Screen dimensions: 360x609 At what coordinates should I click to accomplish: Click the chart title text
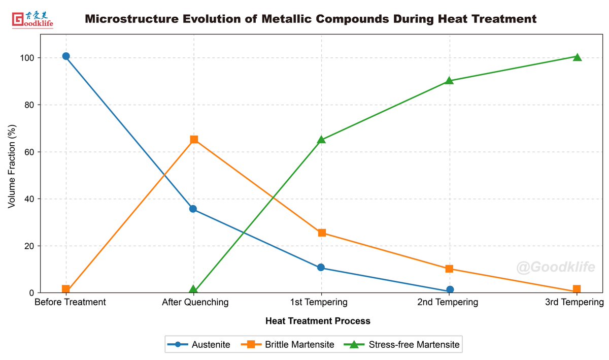point(310,19)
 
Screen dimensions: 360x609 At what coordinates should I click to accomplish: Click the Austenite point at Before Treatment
point(66,56)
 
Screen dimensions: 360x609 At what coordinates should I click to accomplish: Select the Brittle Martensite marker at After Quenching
point(194,140)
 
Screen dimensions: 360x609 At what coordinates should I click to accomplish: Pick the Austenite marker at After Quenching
point(193,209)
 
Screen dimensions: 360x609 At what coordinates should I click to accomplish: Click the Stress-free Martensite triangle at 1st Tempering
point(321,139)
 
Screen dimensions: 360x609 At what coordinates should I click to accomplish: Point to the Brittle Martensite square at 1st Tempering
point(322,233)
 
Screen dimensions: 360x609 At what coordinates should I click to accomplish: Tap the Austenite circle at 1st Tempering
point(321,268)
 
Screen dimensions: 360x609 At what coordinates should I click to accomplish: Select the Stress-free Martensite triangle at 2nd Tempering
point(449,80)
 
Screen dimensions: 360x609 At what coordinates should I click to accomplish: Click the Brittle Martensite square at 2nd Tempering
point(449,269)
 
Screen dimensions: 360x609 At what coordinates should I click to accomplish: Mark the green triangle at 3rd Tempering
point(577,57)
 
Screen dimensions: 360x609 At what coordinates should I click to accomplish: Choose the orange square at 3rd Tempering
point(577,289)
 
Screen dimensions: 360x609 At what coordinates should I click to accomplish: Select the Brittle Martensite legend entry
point(291,345)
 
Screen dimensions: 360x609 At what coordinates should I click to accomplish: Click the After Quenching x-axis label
point(195,303)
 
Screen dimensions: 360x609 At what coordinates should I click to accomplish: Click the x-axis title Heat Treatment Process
point(318,321)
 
